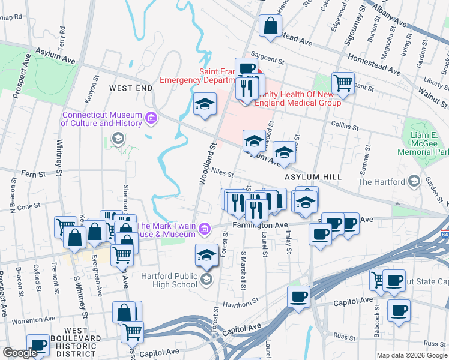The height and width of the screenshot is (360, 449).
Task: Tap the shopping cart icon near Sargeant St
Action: [343, 83]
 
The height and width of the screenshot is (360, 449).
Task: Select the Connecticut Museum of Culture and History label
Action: [102, 119]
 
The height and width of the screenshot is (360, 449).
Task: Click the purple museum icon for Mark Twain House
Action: [205, 229]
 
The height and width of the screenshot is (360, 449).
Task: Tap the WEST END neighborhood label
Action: [131, 88]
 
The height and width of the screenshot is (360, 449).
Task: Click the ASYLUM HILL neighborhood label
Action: [313, 177]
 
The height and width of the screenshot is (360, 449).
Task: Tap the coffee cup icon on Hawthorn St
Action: [298, 296]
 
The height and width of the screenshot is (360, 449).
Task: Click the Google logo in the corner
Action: [20, 353]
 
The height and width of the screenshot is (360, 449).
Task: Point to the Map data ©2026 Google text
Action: [412, 355]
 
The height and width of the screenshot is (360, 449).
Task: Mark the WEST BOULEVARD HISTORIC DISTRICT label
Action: [83, 338]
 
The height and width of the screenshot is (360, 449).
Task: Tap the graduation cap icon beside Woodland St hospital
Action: [205, 104]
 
